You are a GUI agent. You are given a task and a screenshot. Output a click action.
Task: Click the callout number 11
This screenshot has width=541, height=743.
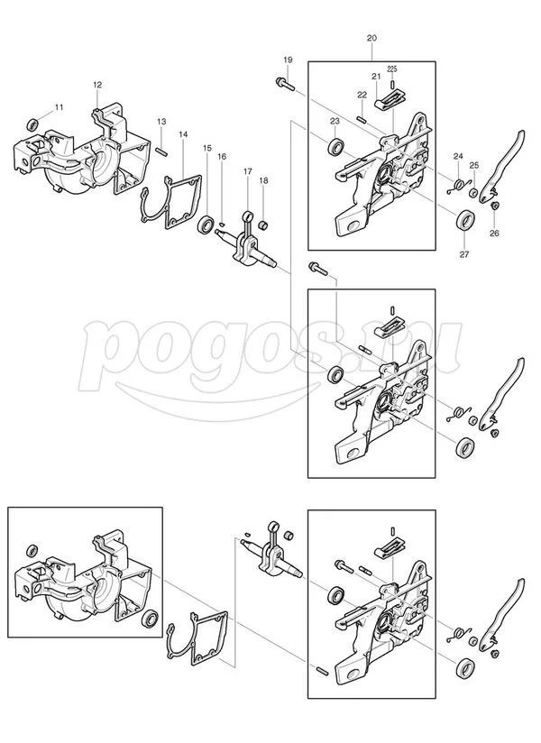click(59, 107)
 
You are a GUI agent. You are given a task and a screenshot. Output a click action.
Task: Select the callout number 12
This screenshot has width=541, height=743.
click(97, 85)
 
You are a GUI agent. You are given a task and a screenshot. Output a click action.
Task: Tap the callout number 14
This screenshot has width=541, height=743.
click(183, 134)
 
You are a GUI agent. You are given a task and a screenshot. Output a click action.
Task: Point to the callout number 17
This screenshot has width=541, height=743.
click(248, 171)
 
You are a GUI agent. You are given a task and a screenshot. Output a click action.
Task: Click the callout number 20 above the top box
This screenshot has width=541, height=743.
click(371, 38)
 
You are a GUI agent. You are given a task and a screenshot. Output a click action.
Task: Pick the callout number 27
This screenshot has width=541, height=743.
click(464, 254)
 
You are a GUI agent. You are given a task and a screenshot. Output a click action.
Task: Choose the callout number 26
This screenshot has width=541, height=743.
click(494, 234)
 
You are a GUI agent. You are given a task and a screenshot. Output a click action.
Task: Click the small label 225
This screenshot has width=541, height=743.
click(392, 69)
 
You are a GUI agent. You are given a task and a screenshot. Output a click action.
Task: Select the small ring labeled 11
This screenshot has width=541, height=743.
click(33, 125)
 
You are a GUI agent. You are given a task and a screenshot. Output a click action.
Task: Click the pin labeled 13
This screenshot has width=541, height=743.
click(162, 151)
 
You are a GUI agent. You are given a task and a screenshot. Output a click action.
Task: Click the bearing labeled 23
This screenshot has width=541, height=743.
click(336, 146)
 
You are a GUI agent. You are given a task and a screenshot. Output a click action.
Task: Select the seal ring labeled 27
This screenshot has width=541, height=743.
click(465, 220)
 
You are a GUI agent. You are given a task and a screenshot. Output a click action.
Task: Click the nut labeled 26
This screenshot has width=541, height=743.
click(493, 206)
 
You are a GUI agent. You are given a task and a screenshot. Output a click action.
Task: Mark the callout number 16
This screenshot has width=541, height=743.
click(222, 156)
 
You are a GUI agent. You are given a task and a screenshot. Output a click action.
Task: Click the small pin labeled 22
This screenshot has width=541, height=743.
click(362, 118)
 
